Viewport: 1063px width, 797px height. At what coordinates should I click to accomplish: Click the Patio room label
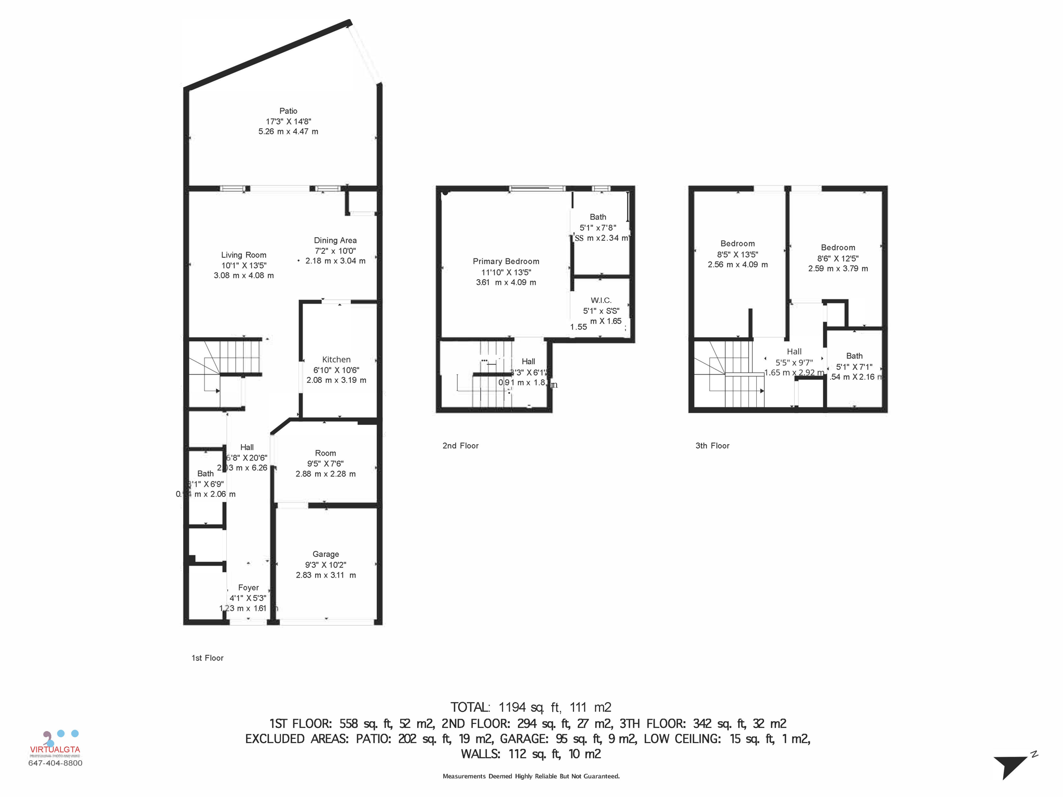point(288,111)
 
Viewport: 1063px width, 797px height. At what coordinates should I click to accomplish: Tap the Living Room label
point(243,255)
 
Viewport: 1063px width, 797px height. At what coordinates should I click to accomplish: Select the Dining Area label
point(335,240)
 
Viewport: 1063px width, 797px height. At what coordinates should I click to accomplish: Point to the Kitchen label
point(336,360)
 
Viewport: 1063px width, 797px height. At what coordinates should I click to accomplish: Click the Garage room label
point(325,554)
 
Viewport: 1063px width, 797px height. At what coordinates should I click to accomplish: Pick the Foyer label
point(248,587)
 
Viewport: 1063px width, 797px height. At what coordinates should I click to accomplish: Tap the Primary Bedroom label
point(506,262)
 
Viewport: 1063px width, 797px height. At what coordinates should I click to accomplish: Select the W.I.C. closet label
point(601,300)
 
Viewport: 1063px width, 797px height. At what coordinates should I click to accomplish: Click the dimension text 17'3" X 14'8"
point(288,121)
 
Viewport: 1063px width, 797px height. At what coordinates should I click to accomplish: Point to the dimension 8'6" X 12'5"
point(838,258)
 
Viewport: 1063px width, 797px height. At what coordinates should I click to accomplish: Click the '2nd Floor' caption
point(460,446)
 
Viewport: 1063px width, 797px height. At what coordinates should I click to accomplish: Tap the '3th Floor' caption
point(712,446)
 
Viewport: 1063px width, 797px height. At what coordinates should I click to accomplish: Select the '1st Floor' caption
point(207,658)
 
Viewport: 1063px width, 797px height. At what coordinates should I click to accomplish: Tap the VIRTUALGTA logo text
point(55,749)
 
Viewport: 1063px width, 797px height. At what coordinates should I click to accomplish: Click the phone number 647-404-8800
point(55,763)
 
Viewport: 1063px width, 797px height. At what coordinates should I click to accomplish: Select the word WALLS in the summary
point(480,754)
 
